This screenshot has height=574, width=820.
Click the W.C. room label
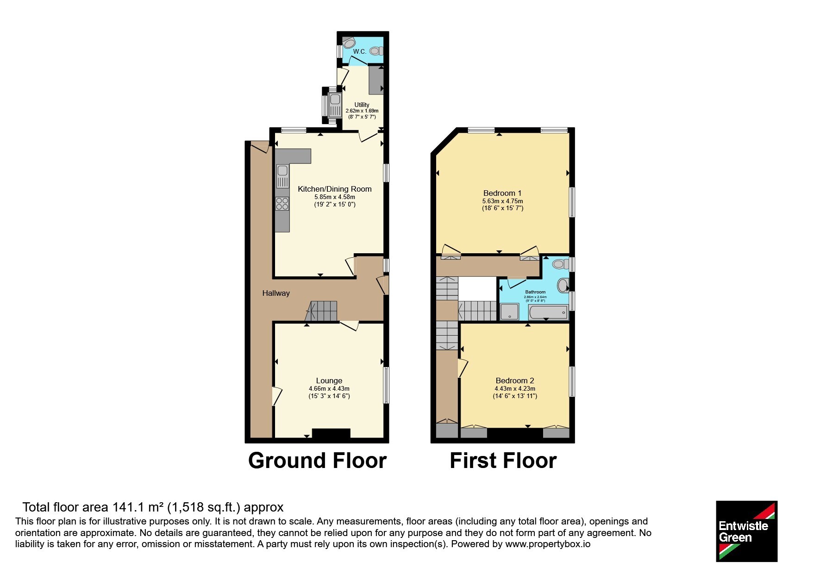(x=359, y=51)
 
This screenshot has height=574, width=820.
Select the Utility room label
(x=362, y=105)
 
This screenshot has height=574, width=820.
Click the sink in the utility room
(x=334, y=105)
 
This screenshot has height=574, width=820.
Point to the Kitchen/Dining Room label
(x=335, y=189)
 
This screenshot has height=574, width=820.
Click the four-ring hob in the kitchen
(x=282, y=204)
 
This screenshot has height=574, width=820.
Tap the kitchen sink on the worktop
(x=282, y=176)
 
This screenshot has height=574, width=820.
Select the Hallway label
(x=276, y=293)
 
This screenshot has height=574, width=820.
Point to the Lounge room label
(x=329, y=381)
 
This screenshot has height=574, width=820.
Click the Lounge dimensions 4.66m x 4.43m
(x=329, y=389)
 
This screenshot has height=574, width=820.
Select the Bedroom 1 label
(x=502, y=193)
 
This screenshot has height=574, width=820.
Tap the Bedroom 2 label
(x=515, y=381)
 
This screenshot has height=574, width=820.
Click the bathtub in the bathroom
(x=548, y=312)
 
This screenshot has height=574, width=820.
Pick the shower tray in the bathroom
(x=510, y=312)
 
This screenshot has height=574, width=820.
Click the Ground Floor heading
(x=318, y=461)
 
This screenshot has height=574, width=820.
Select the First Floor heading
(x=503, y=461)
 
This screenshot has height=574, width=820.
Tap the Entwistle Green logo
(x=746, y=531)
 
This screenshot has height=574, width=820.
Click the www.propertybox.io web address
(x=548, y=544)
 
